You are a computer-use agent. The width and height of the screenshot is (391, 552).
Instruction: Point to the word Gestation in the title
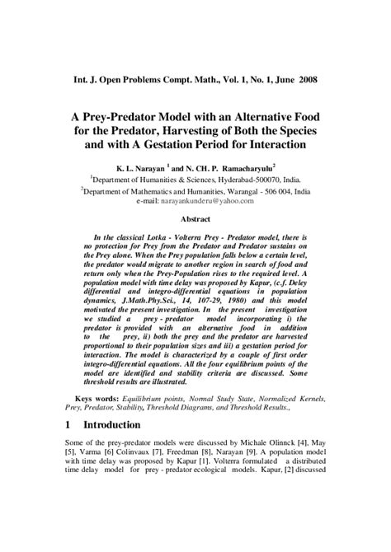click(205, 144)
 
